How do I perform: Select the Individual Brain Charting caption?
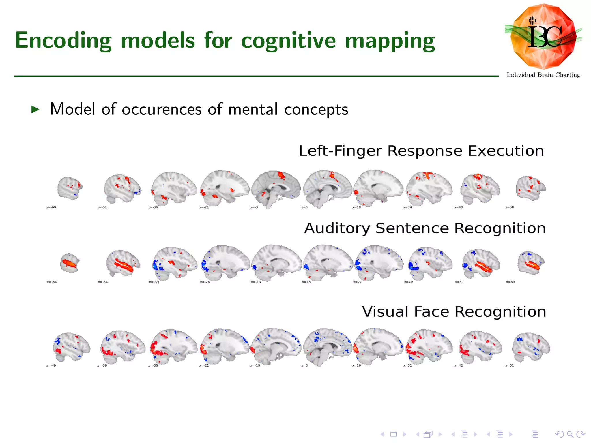point(543,75)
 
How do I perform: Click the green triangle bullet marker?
point(35,109)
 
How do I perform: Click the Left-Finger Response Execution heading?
point(421,151)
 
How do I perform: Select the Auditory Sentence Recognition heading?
point(425,228)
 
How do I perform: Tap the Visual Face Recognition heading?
point(454,312)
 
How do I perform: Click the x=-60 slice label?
point(51,207)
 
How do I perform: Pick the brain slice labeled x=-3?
point(276,189)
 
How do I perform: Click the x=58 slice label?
point(509,207)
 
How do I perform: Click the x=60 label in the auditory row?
point(510,282)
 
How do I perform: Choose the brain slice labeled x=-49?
point(71,346)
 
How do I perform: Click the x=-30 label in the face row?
point(153,365)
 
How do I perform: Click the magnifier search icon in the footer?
point(570,434)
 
